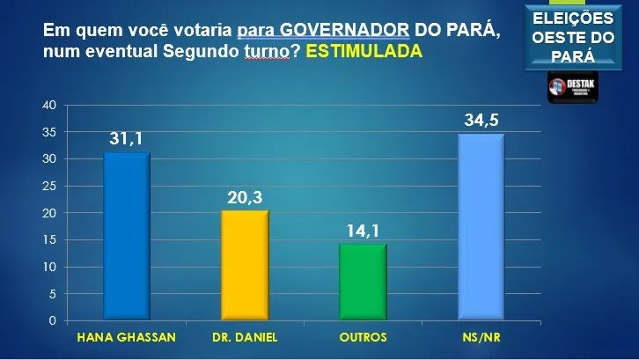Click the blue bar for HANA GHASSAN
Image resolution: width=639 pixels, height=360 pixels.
[x=126, y=236]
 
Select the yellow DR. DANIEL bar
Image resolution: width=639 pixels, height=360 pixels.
[x=244, y=265]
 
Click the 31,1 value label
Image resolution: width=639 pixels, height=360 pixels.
[x=127, y=138]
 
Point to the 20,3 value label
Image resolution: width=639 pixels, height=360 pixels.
[x=244, y=197]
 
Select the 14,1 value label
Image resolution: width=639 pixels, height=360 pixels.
[x=363, y=231]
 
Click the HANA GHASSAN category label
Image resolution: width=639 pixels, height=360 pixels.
[x=126, y=337]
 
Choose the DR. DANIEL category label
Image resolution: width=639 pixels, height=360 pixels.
[x=244, y=337]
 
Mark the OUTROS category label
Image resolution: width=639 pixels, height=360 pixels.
[x=362, y=337]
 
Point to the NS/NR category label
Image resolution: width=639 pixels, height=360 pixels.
[x=481, y=337]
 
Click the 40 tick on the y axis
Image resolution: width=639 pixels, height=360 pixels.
[x=49, y=105]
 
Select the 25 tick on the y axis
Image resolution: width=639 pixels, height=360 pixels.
[x=49, y=186]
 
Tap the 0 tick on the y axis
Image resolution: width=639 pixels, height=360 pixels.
[x=53, y=320]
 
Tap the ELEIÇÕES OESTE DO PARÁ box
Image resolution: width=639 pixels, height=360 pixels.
[x=572, y=37]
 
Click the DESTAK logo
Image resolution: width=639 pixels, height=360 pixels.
[x=572, y=87]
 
